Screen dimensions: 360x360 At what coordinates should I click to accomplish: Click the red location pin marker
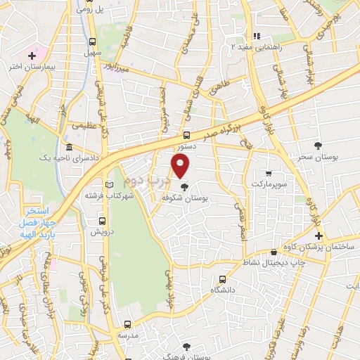181,166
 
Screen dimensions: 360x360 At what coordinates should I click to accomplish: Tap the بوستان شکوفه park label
184,199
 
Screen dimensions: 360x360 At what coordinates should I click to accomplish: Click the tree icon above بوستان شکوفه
184,187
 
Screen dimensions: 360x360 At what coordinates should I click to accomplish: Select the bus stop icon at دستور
186,135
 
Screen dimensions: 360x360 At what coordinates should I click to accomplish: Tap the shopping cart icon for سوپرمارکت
268,172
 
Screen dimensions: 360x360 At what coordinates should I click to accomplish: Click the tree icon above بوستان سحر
319,146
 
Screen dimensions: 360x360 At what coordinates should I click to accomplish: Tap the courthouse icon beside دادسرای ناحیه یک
68,148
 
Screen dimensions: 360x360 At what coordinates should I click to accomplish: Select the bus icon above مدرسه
127,325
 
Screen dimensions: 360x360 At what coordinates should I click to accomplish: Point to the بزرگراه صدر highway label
227,128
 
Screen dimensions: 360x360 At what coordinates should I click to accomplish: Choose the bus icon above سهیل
94,41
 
